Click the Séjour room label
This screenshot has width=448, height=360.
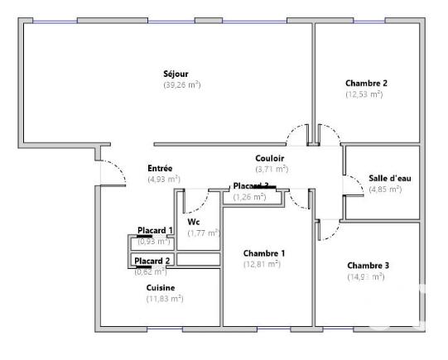click(176, 74)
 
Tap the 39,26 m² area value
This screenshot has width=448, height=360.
click(182, 85)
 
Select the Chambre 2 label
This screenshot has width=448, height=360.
click(366, 84)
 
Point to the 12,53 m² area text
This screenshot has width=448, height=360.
click(364, 94)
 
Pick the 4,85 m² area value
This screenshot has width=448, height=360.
click(385, 190)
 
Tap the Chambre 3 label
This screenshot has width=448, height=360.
click(368, 266)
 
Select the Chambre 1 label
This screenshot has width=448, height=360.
click(264, 253)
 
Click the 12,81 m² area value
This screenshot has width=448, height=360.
click(262, 264)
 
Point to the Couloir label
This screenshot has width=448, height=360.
click(270, 157)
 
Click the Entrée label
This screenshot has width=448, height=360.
click(160, 168)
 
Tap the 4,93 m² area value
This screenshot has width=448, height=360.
click(164, 179)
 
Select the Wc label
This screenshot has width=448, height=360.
click(194, 223)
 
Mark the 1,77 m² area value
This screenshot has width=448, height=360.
click(203, 233)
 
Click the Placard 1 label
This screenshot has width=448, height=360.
click(155, 231)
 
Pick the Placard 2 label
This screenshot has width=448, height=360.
click(152, 261)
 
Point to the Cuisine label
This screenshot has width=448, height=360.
click(161, 288)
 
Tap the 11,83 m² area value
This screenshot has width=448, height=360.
click(165, 299)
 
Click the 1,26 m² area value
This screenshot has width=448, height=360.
click(249, 197)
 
